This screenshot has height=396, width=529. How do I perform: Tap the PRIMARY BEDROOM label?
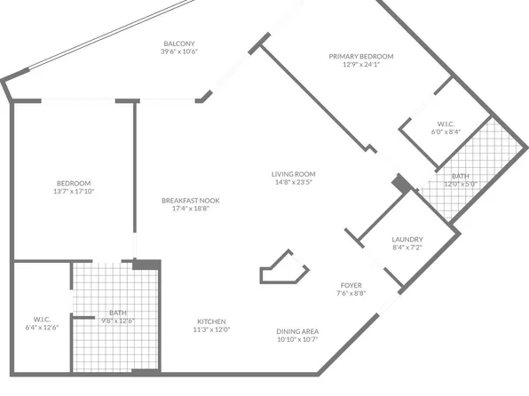[361, 57]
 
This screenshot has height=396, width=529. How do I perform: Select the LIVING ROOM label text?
[294, 174]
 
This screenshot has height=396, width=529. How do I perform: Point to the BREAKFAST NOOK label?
[191, 201]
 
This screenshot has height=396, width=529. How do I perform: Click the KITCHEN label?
[211, 321]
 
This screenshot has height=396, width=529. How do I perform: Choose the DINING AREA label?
[297, 332]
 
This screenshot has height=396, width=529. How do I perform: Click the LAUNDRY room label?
[407, 240]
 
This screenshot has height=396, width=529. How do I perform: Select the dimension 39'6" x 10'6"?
[179, 52]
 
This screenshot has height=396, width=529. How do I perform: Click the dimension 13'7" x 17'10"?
[75, 191]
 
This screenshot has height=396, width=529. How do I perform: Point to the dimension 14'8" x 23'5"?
[294, 182]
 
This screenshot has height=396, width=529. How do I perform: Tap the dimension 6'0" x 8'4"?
[446, 131]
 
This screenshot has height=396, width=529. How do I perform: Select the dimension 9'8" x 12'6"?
[117, 321]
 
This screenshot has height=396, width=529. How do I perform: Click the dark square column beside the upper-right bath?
[402, 183]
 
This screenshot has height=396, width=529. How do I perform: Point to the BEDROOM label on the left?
[75, 183]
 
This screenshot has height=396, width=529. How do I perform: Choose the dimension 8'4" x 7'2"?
[407, 248]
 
